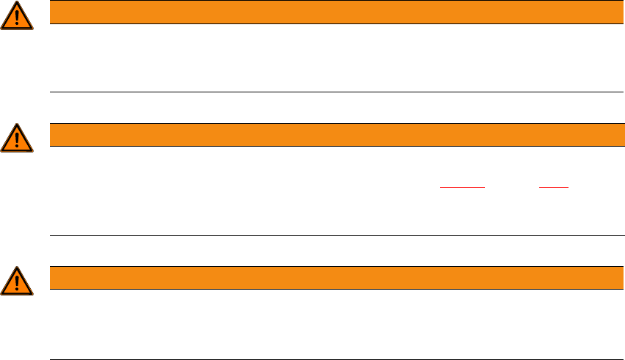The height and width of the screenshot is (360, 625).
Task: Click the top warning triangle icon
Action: pyautogui.click(x=17, y=16)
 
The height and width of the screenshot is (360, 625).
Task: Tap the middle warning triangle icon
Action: pyautogui.click(x=17, y=138)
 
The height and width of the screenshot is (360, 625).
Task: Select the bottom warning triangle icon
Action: pyautogui.click(x=17, y=281)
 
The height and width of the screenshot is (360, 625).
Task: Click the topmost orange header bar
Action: pyautogui.click(x=331, y=12)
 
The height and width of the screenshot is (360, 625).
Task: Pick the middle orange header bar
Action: pyautogui.click(x=331, y=135)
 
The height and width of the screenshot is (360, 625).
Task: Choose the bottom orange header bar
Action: pyautogui.click(x=331, y=278)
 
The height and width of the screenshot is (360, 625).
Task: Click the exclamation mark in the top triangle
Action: pyautogui.click(x=17, y=18)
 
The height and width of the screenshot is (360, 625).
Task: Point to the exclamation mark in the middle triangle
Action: pyautogui.click(x=17, y=139)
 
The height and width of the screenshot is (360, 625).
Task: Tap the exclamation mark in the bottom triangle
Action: pyautogui.click(x=17, y=282)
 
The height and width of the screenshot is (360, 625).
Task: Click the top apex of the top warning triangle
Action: pyautogui.click(x=17, y=4)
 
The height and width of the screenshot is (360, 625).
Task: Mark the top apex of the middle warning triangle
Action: pyautogui.click(x=17, y=125)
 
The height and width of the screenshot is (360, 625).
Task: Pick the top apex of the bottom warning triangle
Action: pyautogui.click(x=17, y=268)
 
